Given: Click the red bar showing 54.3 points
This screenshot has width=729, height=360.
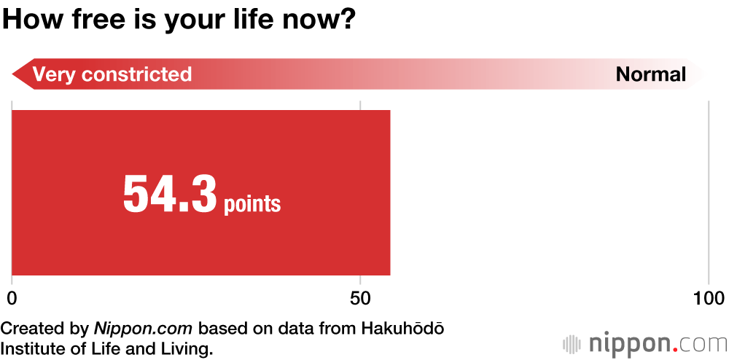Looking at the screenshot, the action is pyautogui.click(x=201, y=193).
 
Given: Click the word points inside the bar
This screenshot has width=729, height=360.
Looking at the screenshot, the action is pyautogui.click(x=252, y=204).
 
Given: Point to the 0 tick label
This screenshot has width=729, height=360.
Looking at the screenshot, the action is pyautogui.click(x=12, y=298).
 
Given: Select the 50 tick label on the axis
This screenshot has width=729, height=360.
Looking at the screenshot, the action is pyautogui.click(x=361, y=298).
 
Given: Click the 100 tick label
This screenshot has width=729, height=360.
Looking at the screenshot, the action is pyautogui.click(x=709, y=298).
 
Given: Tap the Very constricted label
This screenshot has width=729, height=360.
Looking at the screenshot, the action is pyautogui.click(x=112, y=74).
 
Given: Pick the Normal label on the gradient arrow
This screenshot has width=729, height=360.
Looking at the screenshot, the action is pyautogui.click(x=651, y=74).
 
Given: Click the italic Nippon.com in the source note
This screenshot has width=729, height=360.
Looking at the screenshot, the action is pyautogui.click(x=143, y=329).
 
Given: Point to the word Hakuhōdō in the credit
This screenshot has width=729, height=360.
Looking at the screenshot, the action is pyautogui.click(x=402, y=328).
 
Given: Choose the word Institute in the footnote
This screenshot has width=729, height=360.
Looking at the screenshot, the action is pyautogui.click(x=32, y=348).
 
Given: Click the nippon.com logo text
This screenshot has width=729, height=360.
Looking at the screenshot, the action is pyautogui.click(x=657, y=344).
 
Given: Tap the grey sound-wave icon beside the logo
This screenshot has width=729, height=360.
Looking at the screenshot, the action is pyautogui.click(x=572, y=344).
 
